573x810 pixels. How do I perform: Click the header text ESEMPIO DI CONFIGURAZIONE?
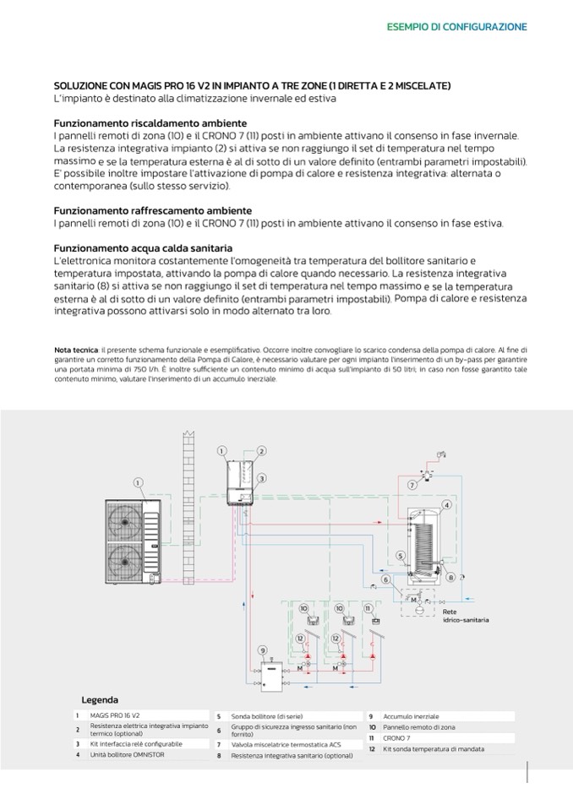coord(456,27)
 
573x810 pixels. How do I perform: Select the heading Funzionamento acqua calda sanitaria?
coord(143,248)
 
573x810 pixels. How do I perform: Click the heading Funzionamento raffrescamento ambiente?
coord(152,209)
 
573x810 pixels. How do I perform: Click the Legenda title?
coord(100,699)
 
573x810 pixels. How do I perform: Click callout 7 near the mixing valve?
coord(412,486)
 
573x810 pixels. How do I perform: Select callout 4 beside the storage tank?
coord(446,504)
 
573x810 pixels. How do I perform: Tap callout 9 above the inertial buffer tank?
coord(265,650)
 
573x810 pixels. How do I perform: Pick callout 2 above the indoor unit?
coord(262,451)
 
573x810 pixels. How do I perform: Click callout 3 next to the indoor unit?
coord(262,478)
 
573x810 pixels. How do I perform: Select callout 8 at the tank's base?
coord(452,577)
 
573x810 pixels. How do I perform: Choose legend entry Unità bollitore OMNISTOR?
coord(128,754)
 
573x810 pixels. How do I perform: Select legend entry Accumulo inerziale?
coord(411,716)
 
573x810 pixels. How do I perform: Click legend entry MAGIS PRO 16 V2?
coord(115,715)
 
